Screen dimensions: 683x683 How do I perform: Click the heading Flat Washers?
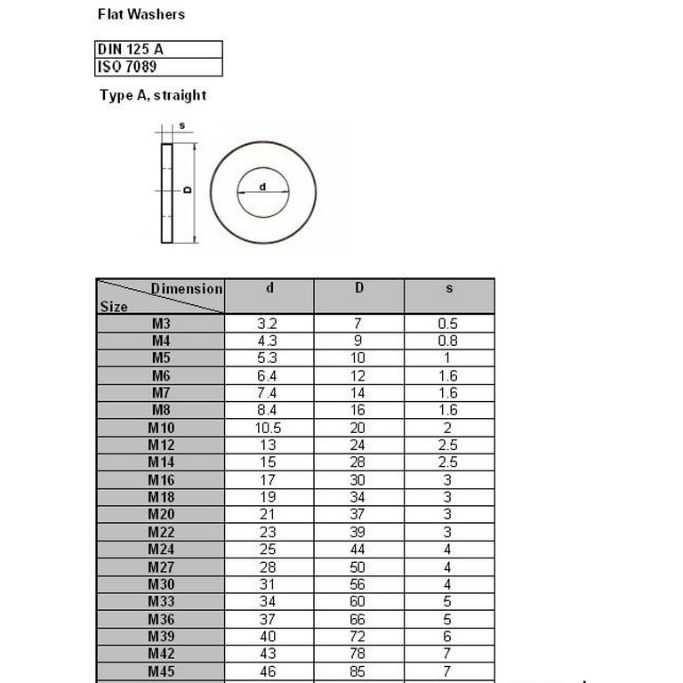[141, 14]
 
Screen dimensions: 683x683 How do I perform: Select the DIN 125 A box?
[158, 50]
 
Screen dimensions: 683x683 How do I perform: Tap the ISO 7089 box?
[158, 68]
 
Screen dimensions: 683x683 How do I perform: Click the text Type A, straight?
[153, 95]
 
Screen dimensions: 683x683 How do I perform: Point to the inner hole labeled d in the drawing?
[263, 190]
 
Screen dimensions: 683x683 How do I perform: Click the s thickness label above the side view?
[182, 125]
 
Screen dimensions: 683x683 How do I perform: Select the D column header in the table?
[359, 288]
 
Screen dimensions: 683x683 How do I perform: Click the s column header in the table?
[449, 288]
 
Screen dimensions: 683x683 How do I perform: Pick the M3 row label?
[161, 324]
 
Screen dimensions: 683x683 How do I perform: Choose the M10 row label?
[161, 428]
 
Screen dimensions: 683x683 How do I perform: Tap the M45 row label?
[161, 671]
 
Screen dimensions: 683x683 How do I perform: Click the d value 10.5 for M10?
[268, 428]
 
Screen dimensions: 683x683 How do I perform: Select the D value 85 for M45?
[358, 671]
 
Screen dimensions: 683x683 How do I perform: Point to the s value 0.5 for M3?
[448, 324]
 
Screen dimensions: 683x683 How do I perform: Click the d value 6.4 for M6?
[268, 376]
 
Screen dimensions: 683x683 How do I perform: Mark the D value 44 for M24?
[358, 550]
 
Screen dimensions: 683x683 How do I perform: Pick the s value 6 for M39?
[448, 637]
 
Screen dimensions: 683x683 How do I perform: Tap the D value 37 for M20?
[358, 515]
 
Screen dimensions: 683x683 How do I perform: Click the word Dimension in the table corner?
[187, 289]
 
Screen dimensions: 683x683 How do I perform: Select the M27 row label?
[161, 567]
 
